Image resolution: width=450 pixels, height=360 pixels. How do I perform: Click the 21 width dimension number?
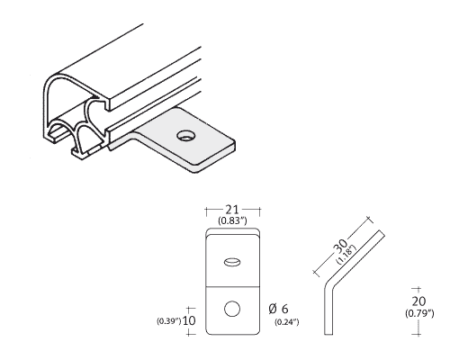tap(232, 209)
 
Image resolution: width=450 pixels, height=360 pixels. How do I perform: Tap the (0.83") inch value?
tap(232, 221)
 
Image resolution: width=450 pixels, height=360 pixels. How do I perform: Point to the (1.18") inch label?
tap(346, 255)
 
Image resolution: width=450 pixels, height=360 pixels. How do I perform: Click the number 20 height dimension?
tap(418, 301)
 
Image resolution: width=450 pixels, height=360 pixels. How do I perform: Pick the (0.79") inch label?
tap(419, 313)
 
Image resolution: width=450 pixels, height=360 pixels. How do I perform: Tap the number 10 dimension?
tap(189, 320)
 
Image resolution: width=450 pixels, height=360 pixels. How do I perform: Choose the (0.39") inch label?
tap(168, 321)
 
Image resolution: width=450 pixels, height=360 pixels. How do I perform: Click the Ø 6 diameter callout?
tap(279, 309)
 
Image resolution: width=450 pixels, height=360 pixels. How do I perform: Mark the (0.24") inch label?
tap(287, 322)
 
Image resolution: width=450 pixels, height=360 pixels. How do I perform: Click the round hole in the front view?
tap(232, 309)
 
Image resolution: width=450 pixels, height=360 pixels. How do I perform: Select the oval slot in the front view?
tap(232, 262)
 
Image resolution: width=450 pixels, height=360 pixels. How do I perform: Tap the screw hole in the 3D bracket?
tap(186, 135)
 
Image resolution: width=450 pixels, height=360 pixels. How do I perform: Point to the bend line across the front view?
tap(232, 286)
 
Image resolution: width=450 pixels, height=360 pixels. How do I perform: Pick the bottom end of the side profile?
tap(328, 334)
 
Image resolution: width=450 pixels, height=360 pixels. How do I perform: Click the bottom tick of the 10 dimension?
tap(189, 334)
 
